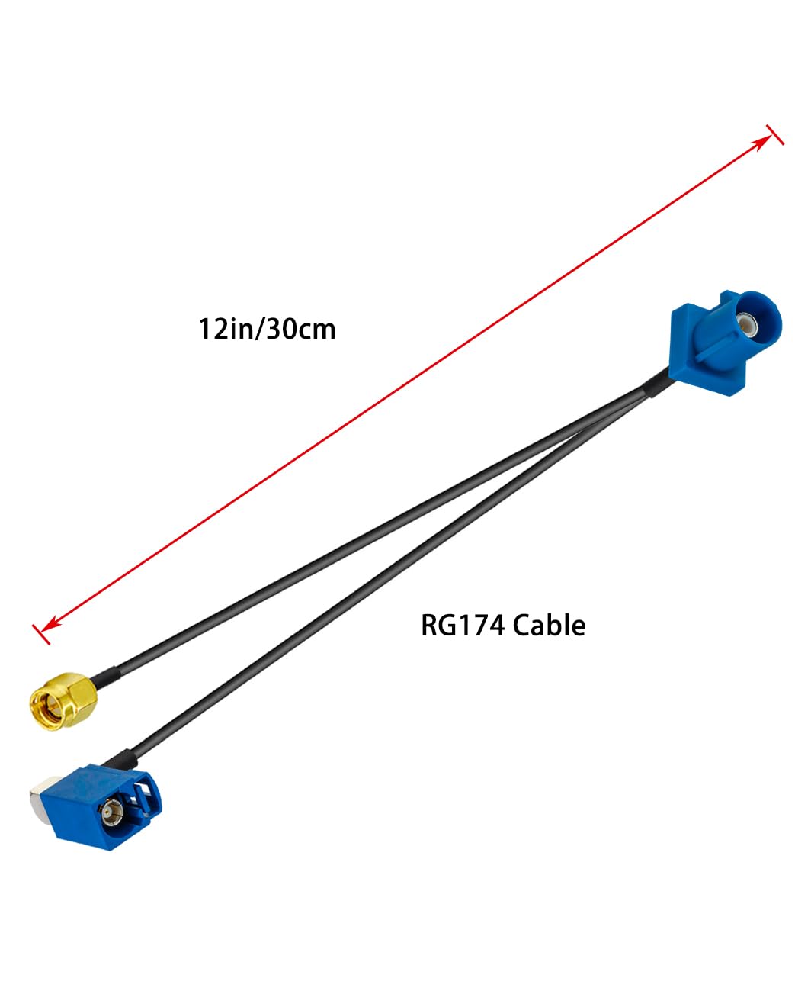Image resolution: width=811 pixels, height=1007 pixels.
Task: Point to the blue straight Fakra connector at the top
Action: point(726,342)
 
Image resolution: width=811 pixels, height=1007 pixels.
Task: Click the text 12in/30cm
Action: point(267,330)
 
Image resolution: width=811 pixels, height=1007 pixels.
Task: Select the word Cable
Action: point(549,625)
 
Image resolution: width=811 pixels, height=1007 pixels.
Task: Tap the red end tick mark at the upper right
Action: point(775,134)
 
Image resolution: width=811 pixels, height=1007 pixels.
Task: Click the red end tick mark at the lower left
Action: point(41,635)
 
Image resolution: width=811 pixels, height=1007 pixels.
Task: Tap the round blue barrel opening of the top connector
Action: point(752,323)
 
